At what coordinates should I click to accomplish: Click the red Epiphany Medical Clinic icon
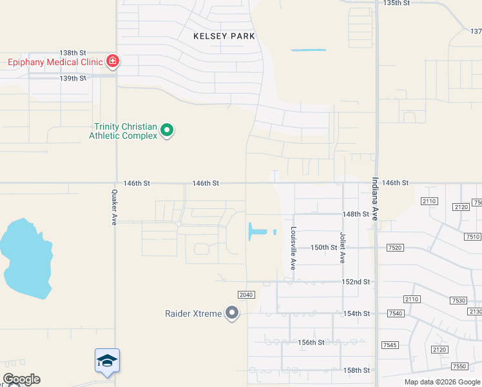pyautogui.click(x=113, y=61)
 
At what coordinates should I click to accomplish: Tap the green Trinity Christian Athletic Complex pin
pyautogui.click(x=167, y=131)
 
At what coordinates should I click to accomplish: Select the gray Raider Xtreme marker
pyautogui.click(x=232, y=314)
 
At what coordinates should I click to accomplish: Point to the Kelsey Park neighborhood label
pyautogui.click(x=224, y=37)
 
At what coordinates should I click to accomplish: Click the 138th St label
pyautogui.click(x=73, y=53)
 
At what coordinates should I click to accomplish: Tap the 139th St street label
pyautogui.click(x=73, y=78)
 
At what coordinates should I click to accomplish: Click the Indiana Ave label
pyautogui.click(x=374, y=199)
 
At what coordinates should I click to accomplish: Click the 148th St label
pyautogui.click(x=356, y=213)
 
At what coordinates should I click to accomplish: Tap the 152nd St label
pyautogui.click(x=356, y=282)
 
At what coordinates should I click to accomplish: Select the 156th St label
pyautogui.click(x=311, y=342)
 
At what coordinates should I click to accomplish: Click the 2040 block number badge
pyautogui.click(x=246, y=295)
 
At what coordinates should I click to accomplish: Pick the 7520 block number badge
pyautogui.click(x=394, y=248)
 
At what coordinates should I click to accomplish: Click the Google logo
pyautogui.click(x=21, y=379)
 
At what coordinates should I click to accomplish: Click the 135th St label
pyautogui.click(x=396, y=3)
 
